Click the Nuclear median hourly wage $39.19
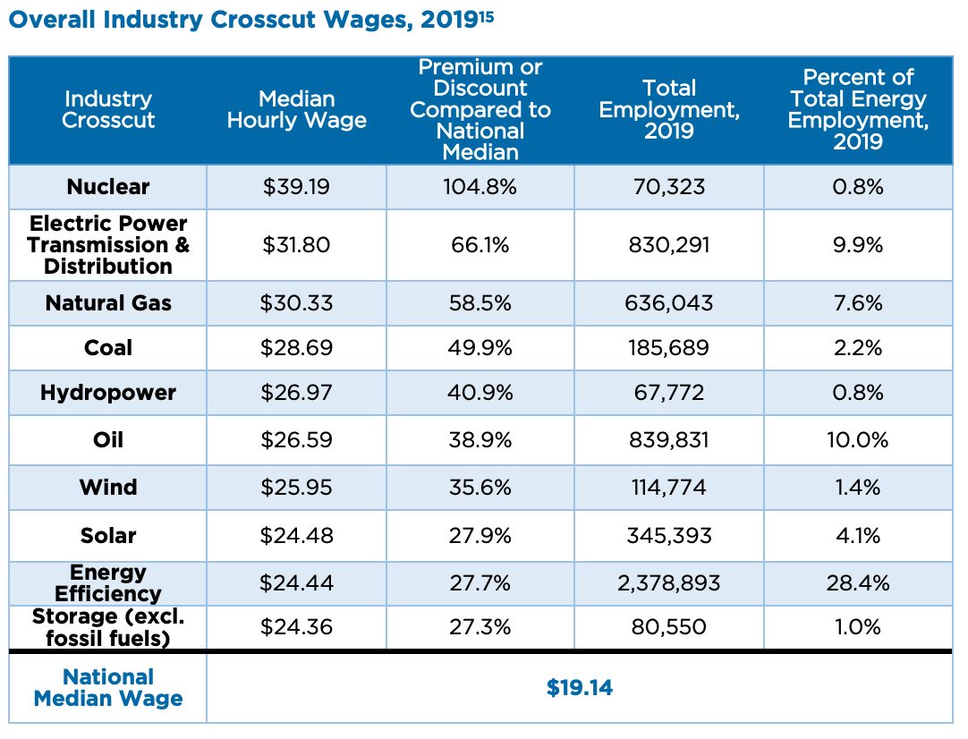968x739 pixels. pyautogui.click(x=296, y=187)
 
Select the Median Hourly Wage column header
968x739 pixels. pyautogui.click(x=296, y=110)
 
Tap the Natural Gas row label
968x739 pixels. pyautogui.click(x=108, y=303)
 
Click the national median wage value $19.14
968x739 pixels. pyautogui.click(x=580, y=687)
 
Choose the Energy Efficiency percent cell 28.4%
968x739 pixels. pyautogui.click(x=858, y=583)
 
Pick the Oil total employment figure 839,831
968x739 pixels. pyautogui.click(x=669, y=440)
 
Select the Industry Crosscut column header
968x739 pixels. pyautogui.click(x=108, y=110)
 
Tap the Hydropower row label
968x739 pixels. pyautogui.click(x=108, y=393)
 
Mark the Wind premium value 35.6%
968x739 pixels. pyautogui.click(x=480, y=488)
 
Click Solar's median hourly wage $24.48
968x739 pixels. pyautogui.click(x=296, y=536)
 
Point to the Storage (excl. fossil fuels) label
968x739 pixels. pyautogui.click(x=108, y=627)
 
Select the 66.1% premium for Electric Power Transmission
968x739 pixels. pyautogui.click(x=480, y=245)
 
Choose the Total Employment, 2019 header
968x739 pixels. pyautogui.click(x=669, y=110)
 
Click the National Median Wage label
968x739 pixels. pyautogui.click(x=108, y=688)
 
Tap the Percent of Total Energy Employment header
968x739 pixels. pyautogui.click(x=858, y=110)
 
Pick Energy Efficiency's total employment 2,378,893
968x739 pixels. pyautogui.click(x=669, y=583)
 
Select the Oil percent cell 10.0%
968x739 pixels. pyautogui.click(x=858, y=440)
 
